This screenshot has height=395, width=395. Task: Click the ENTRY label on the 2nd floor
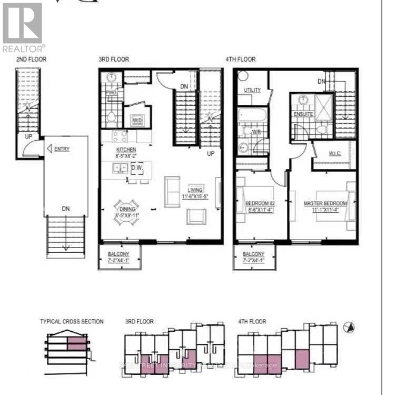pyautogui.click(x=62, y=149)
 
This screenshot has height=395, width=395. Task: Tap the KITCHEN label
pyautogui.click(x=126, y=150)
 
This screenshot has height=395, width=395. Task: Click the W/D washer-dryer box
pyautogui.click(x=137, y=121)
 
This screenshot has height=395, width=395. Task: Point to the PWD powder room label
pyautogui.click(x=111, y=93)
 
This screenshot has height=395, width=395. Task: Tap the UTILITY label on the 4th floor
pyautogui.click(x=252, y=90)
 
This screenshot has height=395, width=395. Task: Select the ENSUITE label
pyautogui.click(x=303, y=114)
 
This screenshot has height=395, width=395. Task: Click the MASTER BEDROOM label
pyautogui.click(x=325, y=203)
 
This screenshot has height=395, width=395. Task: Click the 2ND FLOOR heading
pyautogui.click(x=32, y=60)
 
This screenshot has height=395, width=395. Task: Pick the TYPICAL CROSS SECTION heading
pyautogui.click(x=72, y=321)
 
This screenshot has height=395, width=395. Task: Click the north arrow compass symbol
pyautogui.click(x=348, y=328)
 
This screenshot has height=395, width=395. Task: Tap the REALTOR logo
pyautogui.click(x=23, y=27)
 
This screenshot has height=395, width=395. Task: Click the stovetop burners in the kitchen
pyautogui.click(x=119, y=136)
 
